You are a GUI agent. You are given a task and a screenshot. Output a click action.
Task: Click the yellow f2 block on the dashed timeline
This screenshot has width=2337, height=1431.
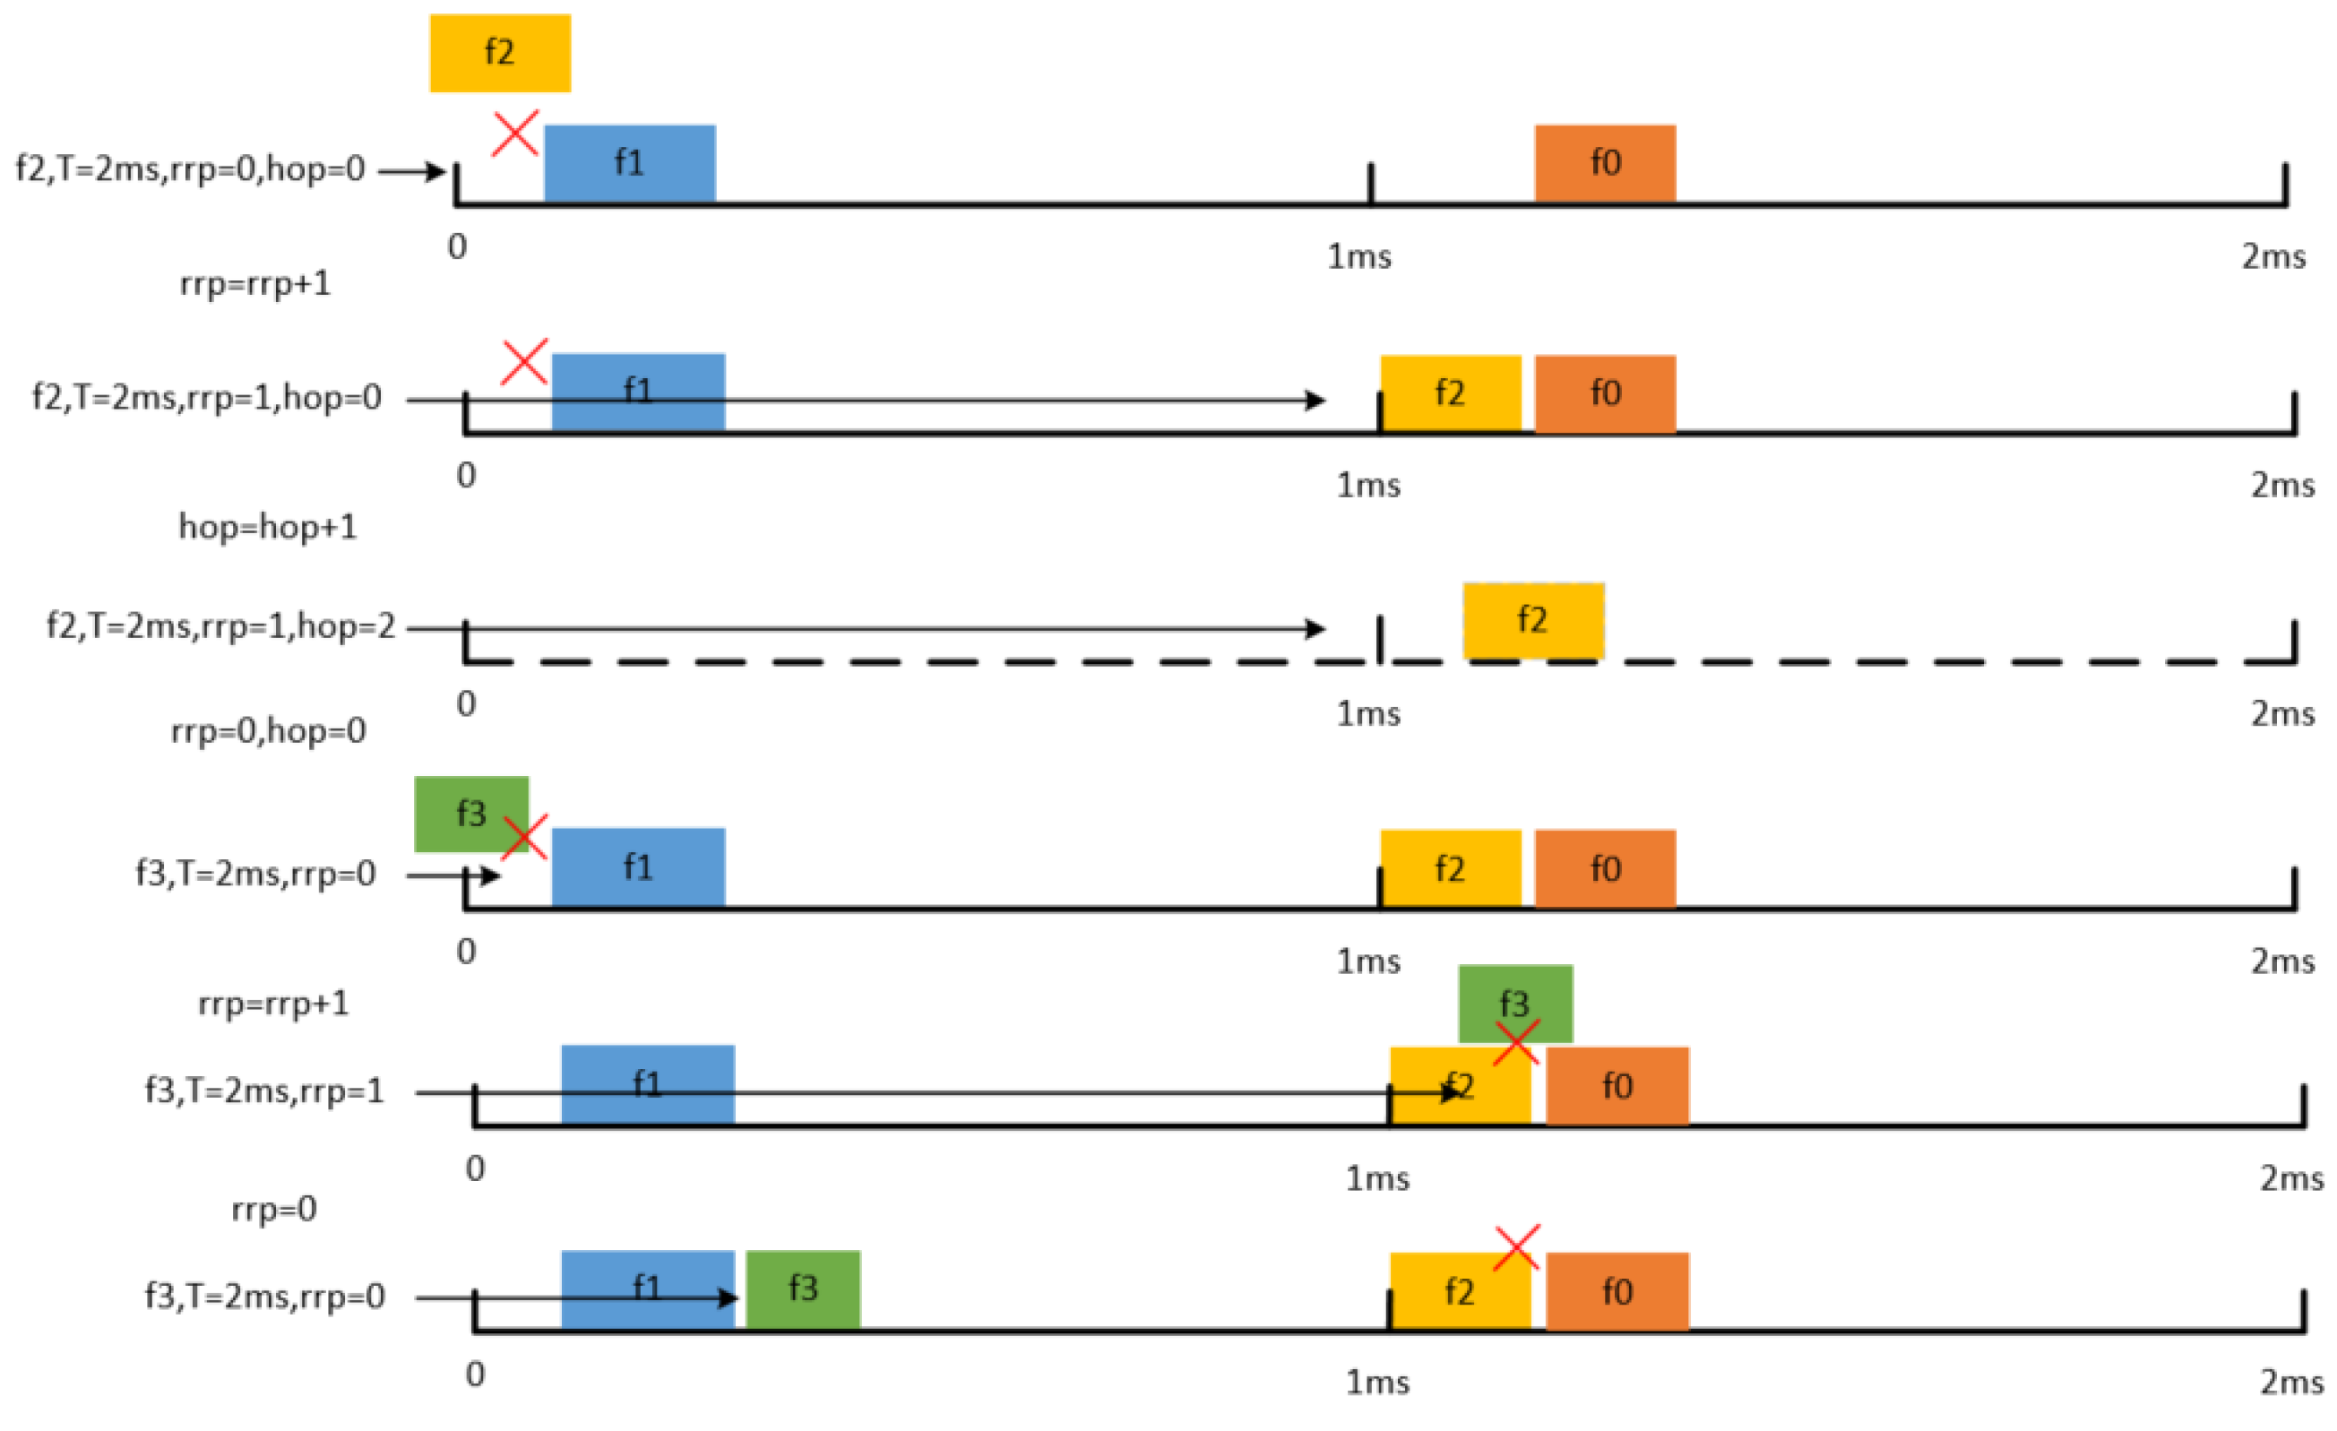pyautogui.click(x=1532, y=620)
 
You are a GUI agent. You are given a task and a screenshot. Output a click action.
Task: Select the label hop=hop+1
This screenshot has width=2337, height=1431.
pyautogui.click(x=269, y=526)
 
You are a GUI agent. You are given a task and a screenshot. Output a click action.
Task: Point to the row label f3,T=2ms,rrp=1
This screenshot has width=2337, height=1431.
pyautogui.click(x=264, y=1090)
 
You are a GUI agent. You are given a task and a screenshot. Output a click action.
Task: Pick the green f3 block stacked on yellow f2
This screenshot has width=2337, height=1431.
pyautogui.click(x=1514, y=1003)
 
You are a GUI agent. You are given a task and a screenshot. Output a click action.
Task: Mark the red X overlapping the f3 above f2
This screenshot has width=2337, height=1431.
pyautogui.click(x=1515, y=1042)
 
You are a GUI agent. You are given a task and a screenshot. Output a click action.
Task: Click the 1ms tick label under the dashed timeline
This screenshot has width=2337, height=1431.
pyautogui.click(x=1367, y=714)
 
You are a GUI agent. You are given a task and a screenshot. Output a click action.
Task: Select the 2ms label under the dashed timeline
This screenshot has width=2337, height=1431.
pyautogui.click(x=2283, y=714)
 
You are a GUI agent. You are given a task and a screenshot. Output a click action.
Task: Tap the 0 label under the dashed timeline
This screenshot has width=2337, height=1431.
pyautogui.click(x=466, y=704)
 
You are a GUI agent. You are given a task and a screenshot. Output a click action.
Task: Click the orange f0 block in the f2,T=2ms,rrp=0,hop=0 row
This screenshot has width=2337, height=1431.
pyautogui.click(x=1605, y=163)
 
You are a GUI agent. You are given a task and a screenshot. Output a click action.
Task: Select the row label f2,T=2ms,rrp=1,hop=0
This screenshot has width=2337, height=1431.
pyautogui.click(x=207, y=396)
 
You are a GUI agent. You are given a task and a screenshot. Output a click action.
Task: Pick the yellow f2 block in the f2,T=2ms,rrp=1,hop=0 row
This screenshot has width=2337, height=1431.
pyautogui.click(x=1450, y=393)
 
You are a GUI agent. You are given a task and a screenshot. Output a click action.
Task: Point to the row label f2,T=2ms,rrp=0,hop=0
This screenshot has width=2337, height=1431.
pyautogui.click(x=191, y=168)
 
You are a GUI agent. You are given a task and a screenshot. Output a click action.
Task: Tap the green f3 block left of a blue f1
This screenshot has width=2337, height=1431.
pyautogui.click(x=470, y=814)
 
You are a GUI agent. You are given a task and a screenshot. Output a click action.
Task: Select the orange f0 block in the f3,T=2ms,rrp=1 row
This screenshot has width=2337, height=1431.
pyautogui.click(x=1617, y=1086)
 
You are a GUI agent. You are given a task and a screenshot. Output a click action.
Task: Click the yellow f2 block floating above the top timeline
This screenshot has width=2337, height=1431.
pyautogui.click(x=500, y=53)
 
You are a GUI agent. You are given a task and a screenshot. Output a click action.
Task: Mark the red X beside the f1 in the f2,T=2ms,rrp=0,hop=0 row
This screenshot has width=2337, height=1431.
pyautogui.click(x=516, y=133)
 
